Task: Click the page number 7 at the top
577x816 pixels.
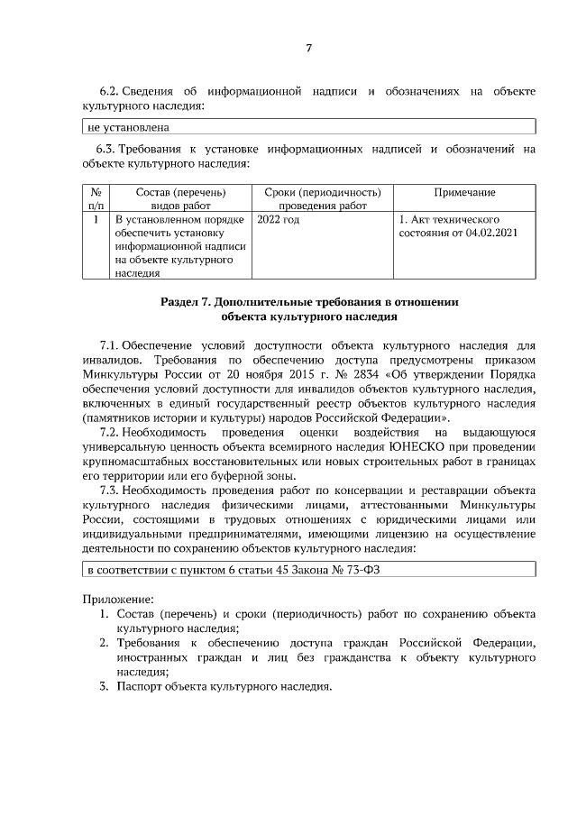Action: (308, 47)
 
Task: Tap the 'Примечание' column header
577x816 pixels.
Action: (464, 192)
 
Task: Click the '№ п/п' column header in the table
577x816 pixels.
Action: (96, 199)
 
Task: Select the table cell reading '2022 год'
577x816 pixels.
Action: (278, 219)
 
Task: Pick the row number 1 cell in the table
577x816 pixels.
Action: (96, 219)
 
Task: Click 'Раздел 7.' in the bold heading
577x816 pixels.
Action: (186, 302)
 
